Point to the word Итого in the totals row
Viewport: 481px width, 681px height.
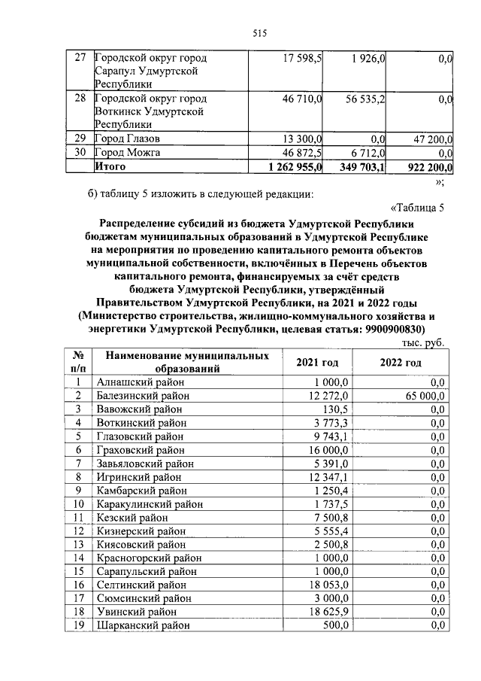coord(110,166)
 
